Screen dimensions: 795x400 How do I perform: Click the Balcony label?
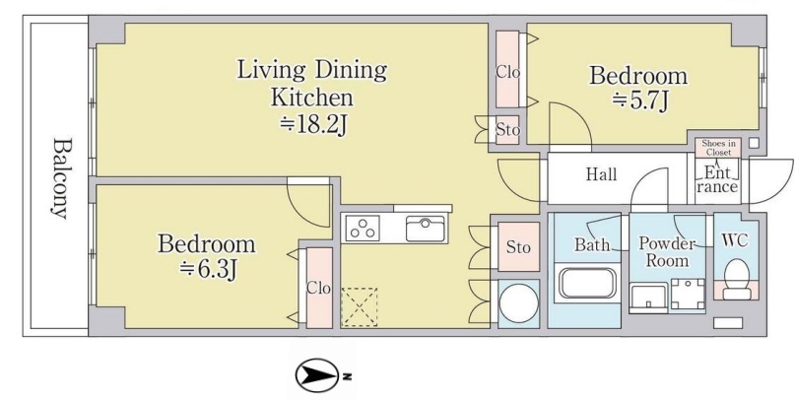click(x=60, y=178)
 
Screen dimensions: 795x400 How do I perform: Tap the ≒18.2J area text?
click(x=314, y=124)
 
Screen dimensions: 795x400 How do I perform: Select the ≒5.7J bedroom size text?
click(x=638, y=101)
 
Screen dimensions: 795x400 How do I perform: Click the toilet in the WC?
click(x=736, y=280)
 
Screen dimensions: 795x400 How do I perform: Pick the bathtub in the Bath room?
click(x=588, y=283)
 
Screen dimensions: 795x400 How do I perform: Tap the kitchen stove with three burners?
click(x=363, y=228)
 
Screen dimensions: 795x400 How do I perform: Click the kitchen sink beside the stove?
click(x=426, y=229)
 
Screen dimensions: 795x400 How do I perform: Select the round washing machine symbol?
click(x=518, y=303)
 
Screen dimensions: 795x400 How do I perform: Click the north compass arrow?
click(x=317, y=375)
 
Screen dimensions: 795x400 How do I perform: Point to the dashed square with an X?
click(x=359, y=307)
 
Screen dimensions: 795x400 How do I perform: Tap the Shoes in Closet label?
click(x=717, y=148)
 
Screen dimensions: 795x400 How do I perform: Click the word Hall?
click(x=601, y=174)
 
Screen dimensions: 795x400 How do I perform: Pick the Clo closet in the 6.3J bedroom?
click(x=319, y=288)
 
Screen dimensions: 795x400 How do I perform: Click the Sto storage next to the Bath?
click(x=519, y=247)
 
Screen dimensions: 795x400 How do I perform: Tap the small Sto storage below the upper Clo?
click(x=507, y=130)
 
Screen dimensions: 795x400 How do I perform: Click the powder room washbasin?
click(x=648, y=298)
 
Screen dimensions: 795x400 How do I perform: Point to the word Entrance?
click(x=717, y=179)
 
